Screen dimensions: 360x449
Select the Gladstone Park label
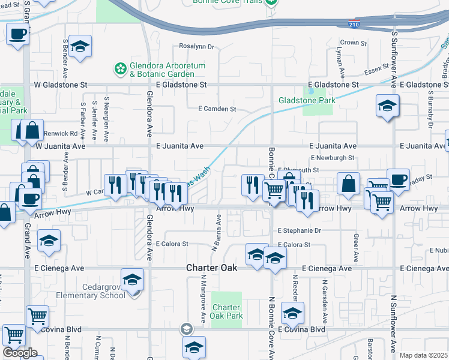307,101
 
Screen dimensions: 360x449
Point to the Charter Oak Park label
226,311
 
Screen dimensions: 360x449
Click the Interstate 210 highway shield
354,24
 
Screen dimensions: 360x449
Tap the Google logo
20,353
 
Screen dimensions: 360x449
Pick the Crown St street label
353,43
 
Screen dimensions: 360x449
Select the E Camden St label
217,109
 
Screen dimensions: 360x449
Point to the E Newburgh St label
333,158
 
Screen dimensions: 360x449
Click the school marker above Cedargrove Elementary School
133,280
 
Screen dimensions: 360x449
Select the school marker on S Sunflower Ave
388,106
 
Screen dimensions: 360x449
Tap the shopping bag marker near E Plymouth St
349,184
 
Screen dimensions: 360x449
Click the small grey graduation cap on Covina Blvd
187,329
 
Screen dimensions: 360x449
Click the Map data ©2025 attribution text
424,355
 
